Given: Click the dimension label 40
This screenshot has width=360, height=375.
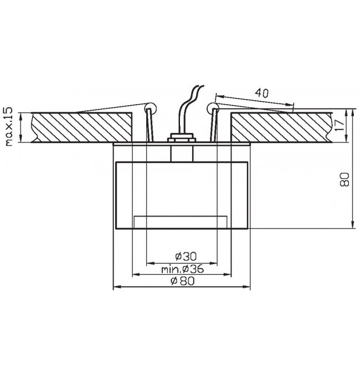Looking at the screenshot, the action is coord(261,93).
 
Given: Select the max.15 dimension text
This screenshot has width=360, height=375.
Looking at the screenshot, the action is coord(8,127).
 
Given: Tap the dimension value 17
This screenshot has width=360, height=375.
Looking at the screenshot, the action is coord(340,125).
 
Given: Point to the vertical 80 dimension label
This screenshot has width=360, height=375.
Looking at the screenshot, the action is coord(344,179).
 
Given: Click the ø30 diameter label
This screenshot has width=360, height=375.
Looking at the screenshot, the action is coord(186,256).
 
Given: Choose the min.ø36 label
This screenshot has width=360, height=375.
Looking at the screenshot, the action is coord(183,269).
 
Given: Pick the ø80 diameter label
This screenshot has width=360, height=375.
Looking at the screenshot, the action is coord(183,281).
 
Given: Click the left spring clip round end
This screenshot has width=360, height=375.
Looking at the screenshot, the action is coord(151,107).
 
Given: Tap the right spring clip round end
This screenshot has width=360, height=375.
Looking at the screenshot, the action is coord(213,107).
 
